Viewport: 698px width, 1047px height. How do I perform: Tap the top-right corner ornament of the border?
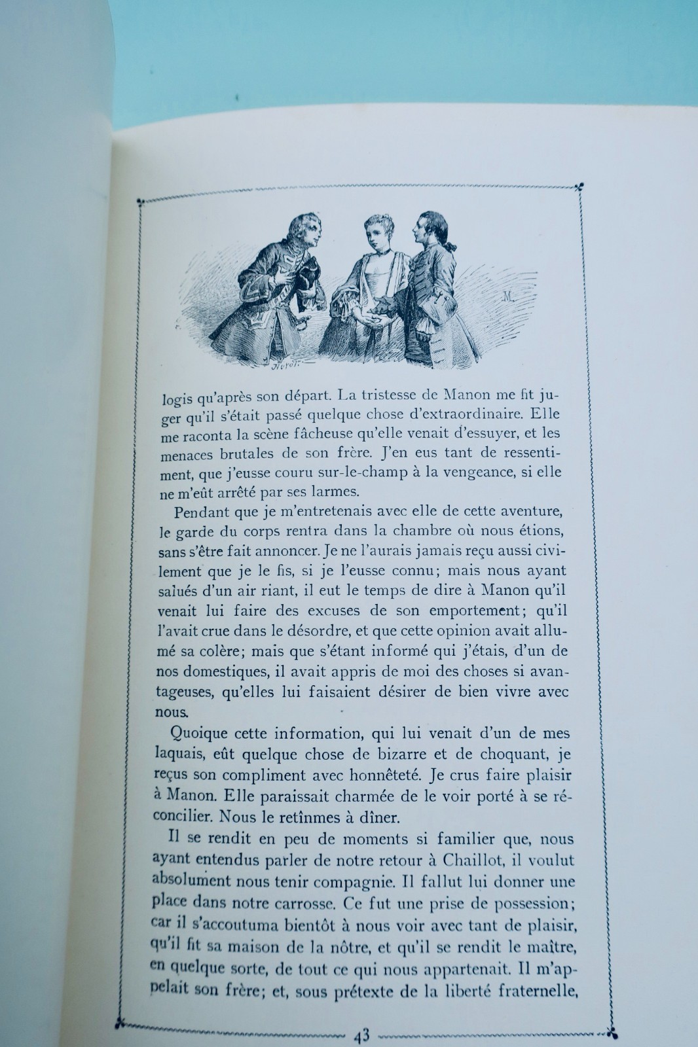[579, 188]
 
